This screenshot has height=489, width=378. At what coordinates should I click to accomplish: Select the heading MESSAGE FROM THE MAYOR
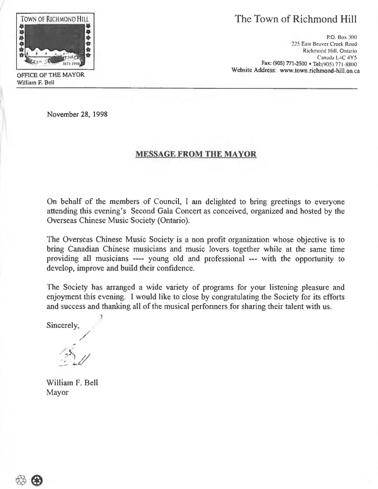pyautogui.click(x=195, y=154)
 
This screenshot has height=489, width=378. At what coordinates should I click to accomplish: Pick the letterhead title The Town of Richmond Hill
pyautogui.click(x=296, y=19)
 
